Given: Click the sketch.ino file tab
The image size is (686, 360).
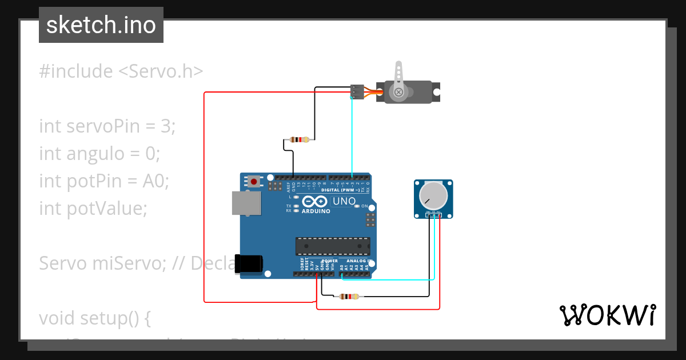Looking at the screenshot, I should (x=101, y=25).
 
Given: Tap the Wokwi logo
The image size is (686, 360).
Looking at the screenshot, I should (x=607, y=315).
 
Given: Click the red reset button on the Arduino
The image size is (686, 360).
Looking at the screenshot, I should (x=253, y=182).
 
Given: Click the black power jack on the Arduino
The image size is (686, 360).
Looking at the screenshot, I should (x=249, y=264).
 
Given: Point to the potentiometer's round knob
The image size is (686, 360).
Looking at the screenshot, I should (x=433, y=195).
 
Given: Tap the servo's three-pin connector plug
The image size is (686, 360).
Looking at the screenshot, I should (x=357, y=92).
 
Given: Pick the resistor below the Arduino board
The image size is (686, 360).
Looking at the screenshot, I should (x=349, y=297).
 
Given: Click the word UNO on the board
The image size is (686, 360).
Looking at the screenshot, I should (x=344, y=201).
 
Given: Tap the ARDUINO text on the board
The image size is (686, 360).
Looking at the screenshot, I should (x=316, y=211).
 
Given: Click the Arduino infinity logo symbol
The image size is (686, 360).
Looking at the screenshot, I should (x=315, y=201).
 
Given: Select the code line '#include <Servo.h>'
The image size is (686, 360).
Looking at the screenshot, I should (x=121, y=71).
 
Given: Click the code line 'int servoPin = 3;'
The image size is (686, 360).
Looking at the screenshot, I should (x=107, y=126).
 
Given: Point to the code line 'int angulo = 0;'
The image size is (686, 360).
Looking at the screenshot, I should (x=99, y=154).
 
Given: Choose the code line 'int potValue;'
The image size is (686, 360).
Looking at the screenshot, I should (x=93, y=209).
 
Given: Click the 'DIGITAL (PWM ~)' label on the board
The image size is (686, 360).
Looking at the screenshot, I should (x=341, y=190).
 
